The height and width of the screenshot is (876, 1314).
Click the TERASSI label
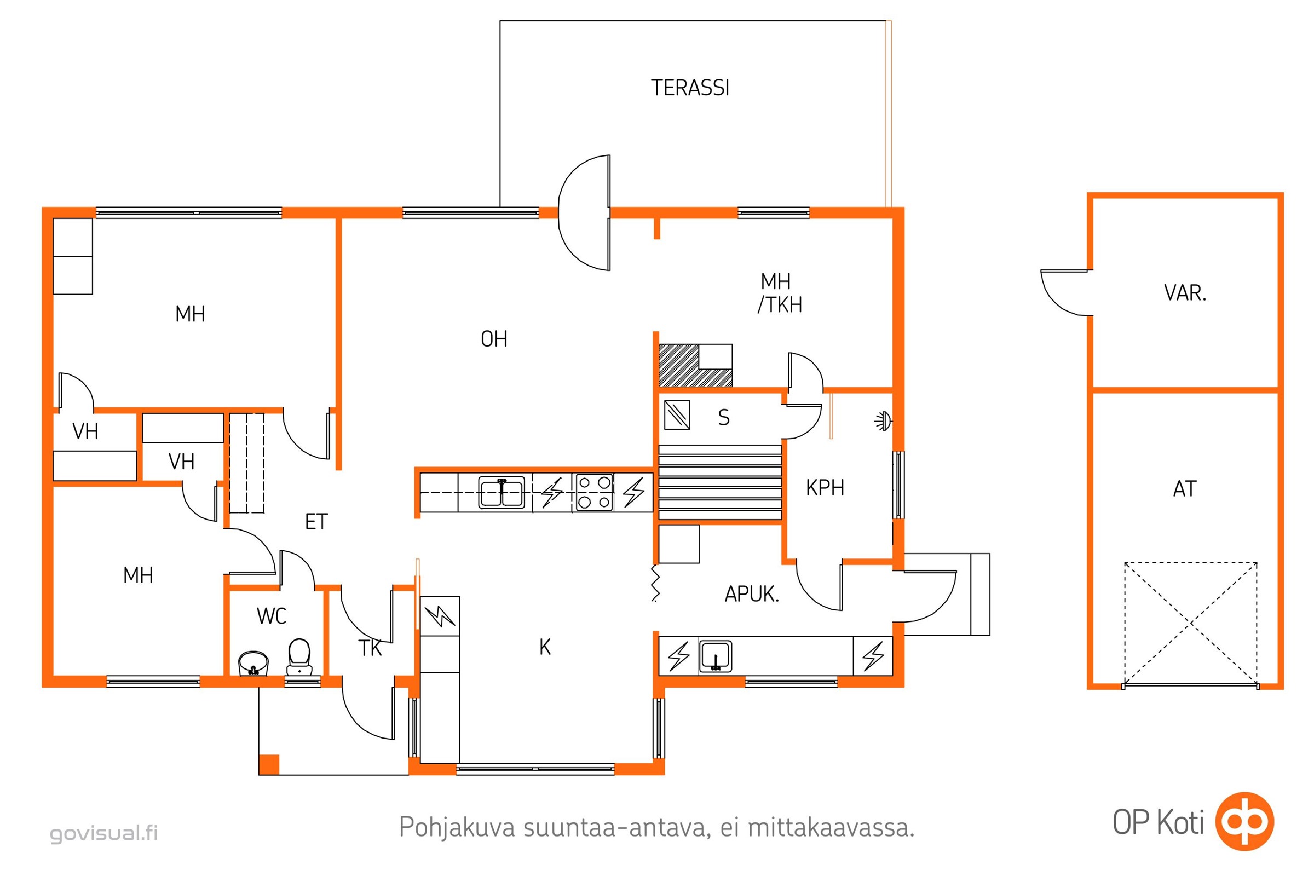(x=690, y=88)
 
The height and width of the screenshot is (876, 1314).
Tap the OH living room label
(x=494, y=339)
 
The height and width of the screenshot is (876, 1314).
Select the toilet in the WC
(x=299, y=657)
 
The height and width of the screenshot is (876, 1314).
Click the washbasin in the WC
(x=253, y=663)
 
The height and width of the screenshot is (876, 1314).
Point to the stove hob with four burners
(x=594, y=492)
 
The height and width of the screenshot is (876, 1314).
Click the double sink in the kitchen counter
(x=502, y=492)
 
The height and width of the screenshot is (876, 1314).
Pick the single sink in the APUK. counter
(x=716, y=656)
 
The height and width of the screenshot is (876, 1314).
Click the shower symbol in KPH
(x=883, y=420)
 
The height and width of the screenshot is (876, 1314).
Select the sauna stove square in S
(x=677, y=415)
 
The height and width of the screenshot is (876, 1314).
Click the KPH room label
(x=825, y=488)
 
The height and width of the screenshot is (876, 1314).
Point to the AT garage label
(x=1184, y=489)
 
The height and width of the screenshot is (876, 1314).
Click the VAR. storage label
(x=1185, y=293)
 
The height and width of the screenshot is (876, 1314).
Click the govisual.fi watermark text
(x=104, y=833)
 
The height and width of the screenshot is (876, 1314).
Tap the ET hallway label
(x=316, y=522)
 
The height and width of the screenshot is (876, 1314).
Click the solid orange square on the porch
(x=269, y=764)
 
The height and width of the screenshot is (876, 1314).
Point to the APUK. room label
(x=751, y=594)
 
